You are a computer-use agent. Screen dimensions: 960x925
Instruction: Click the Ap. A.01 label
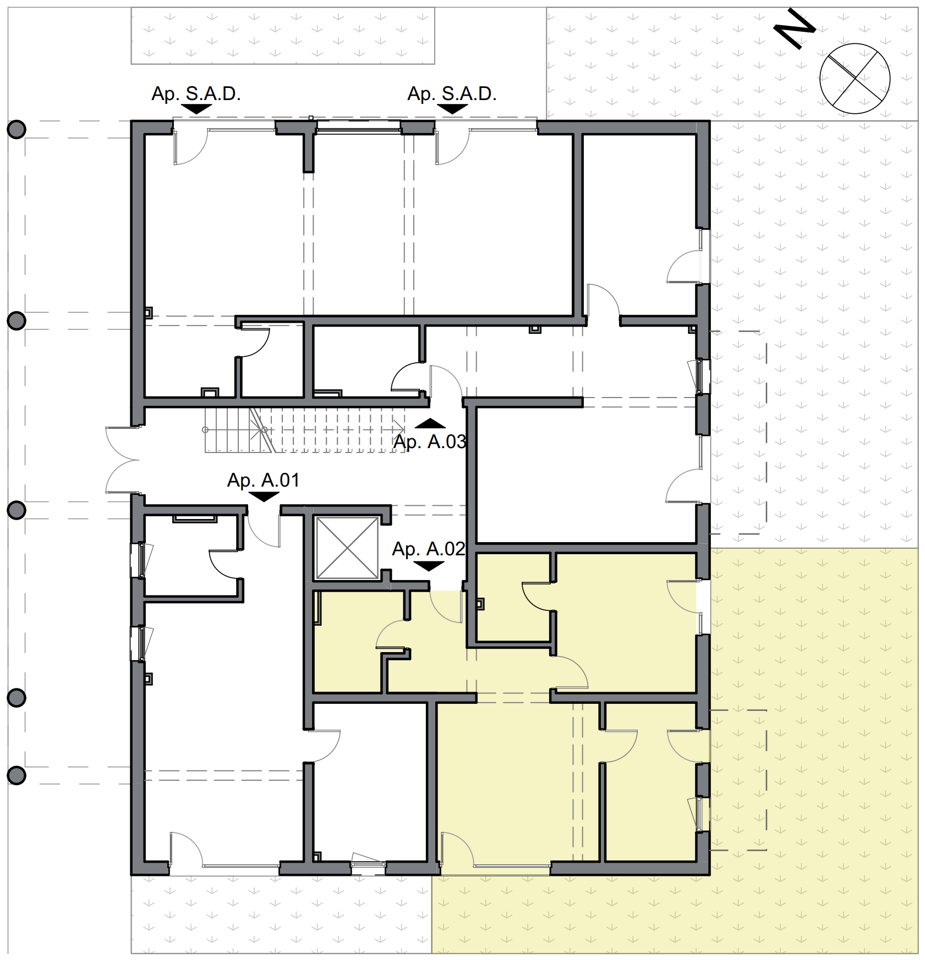263,480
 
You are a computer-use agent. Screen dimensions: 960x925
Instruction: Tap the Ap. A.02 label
428,549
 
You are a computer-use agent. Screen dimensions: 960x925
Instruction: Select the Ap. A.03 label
429,442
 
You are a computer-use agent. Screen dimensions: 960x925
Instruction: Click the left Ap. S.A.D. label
196,93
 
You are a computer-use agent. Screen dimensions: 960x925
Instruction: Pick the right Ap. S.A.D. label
452,93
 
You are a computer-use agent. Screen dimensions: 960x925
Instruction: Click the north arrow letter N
795,29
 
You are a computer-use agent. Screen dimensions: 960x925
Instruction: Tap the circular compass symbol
854,79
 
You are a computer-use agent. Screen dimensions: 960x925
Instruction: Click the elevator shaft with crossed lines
347,548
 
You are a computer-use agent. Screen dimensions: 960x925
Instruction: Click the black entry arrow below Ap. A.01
264,496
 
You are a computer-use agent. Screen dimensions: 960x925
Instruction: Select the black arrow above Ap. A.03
430,423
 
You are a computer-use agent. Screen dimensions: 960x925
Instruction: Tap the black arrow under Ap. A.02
428,566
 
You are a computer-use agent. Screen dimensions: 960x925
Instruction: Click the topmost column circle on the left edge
17,130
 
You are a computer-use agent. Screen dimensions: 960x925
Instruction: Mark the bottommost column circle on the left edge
17,775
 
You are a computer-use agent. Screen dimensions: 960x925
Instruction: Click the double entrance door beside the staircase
122,460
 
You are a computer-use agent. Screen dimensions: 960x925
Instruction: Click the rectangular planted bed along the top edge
282,36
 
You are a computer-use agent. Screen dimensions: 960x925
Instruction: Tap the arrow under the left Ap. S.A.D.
196,109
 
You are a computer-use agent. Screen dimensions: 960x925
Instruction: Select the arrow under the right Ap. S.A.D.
452,109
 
